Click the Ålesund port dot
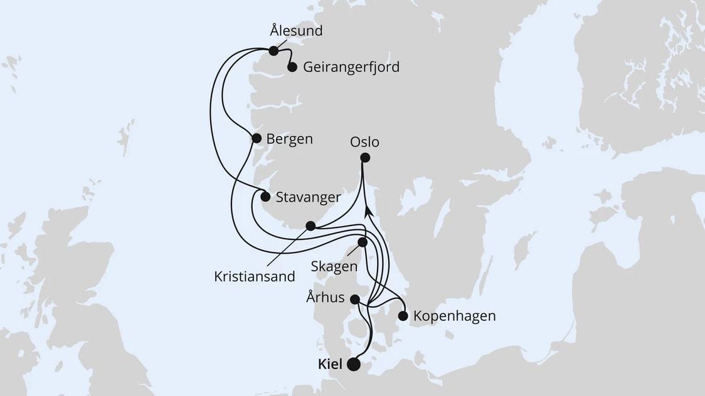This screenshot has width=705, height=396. tap(273, 51)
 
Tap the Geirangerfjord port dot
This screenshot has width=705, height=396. tap(292, 67)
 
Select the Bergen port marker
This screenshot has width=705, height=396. tap(257, 138)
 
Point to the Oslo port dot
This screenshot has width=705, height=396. tap(366, 158)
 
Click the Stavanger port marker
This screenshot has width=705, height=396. tap(265, 197)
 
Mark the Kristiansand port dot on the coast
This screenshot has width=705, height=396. tap(310, 225)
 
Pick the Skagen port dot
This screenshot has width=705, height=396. tap(362, 242)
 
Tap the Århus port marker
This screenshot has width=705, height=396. tap(355, 299)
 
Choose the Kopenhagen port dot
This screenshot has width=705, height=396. tap(403, 316)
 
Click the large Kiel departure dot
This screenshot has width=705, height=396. tap(354, 365)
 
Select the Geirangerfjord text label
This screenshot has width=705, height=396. tap(351, 67)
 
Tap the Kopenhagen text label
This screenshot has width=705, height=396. tap(455, 316)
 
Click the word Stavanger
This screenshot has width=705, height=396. tap(309, 197)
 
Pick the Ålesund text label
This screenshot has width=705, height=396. tap(296, 30)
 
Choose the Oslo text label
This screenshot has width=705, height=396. tap(366, 142)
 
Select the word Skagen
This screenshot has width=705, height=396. tap(334, 266)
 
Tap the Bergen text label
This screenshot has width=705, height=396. tap(289, 138)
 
